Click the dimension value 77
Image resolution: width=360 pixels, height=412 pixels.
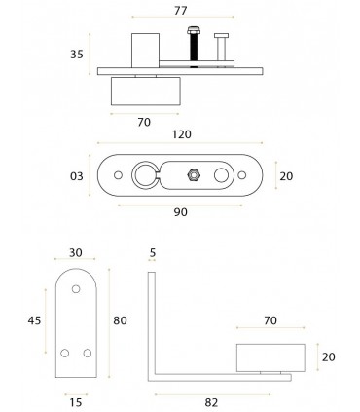(181, 11)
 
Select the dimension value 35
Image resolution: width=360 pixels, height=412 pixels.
(77, 55)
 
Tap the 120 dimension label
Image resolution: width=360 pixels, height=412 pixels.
(182, 134)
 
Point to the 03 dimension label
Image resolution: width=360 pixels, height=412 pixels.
(77, 176)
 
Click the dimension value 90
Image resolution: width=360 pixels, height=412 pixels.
(181, 212)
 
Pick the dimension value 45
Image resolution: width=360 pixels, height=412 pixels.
(34, 320)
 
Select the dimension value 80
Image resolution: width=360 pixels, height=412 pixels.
(120, 320)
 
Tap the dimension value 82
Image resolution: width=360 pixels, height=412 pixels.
(211, 403)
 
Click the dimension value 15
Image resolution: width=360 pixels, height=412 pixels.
(76, 403)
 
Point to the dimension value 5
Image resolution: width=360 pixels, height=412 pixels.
(153, 252)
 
